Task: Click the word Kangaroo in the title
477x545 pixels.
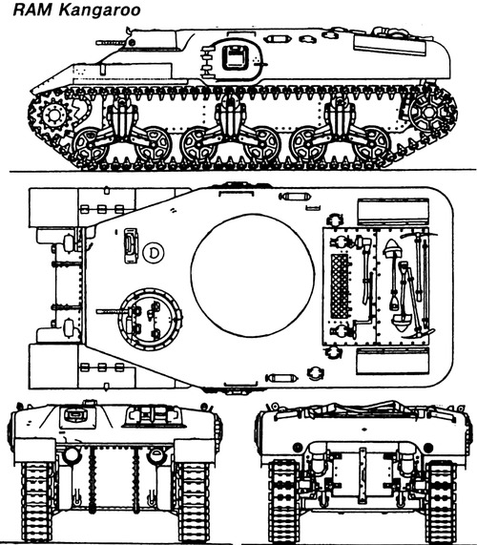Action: click(x=99, y=10)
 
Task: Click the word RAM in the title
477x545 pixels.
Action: click(x=33, y=10)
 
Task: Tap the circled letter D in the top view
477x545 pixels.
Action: click(x=154, y=252)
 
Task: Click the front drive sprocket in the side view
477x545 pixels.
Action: click(x=53, y=115)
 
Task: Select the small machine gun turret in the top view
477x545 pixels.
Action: click(x=150, y=319)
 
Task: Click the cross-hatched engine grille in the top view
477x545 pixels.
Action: click(x=340, y=285)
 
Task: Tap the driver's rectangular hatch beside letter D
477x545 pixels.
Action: click(x=131, y=245)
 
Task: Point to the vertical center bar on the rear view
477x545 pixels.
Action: click(x=363, y=474)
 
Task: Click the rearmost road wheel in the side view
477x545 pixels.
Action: click(x=372, y=144)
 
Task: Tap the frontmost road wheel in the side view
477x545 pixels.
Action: click(x=91, y=144)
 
